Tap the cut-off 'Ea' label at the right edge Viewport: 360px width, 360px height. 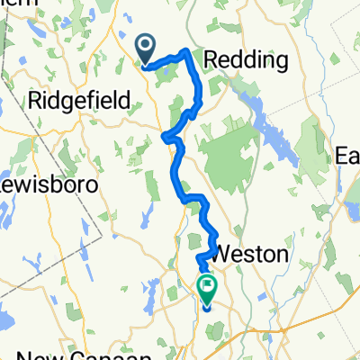pos(347,156)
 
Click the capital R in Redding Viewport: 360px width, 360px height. pos(212,60)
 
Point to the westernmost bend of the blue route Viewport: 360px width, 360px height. pos(165,137)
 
